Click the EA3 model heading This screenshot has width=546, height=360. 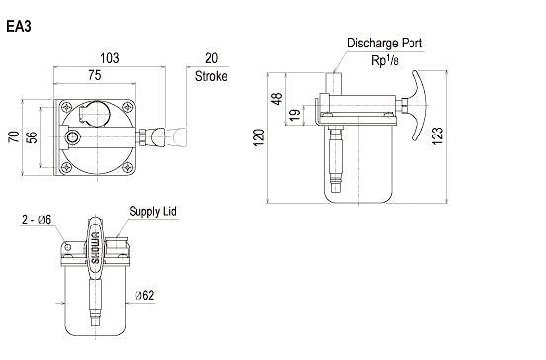[x=19, y=27]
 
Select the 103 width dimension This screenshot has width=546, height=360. [x=110, y=58]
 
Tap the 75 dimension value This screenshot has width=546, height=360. [x=95, y=75]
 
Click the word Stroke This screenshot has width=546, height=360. [x=211, y=76]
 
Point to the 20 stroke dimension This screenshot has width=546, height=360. [x=211, y=58]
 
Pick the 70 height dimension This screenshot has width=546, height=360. [x=14, y=136]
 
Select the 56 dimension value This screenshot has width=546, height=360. [x=32, y=137]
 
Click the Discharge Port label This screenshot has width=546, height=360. [x=385, y=44]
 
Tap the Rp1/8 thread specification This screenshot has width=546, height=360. [x=385, y=60]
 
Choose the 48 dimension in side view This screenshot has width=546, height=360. [x=277, y=99]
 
